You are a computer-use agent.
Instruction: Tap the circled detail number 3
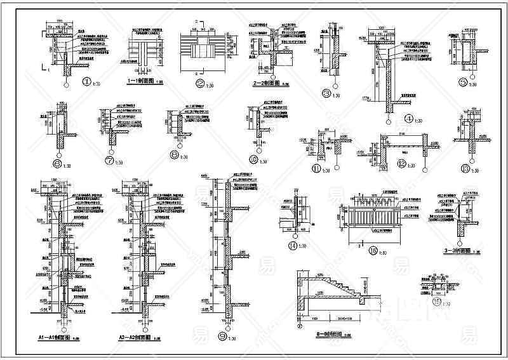click(x=326, y=93)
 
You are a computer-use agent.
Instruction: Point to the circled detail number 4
click(x=408, y=117)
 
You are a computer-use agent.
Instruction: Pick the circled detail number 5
click(x=463, y=82)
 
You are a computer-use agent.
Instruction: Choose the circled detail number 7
click(x=110, y=161)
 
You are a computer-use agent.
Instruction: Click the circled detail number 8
click(x=174, y=153)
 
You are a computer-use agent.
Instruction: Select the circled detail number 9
click(x=222, y=337)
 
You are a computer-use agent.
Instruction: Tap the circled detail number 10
click(x=254, y=159)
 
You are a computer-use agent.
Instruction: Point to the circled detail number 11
click(x=316, y=169)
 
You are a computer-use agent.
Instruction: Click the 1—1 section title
click(x=141, y=82)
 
